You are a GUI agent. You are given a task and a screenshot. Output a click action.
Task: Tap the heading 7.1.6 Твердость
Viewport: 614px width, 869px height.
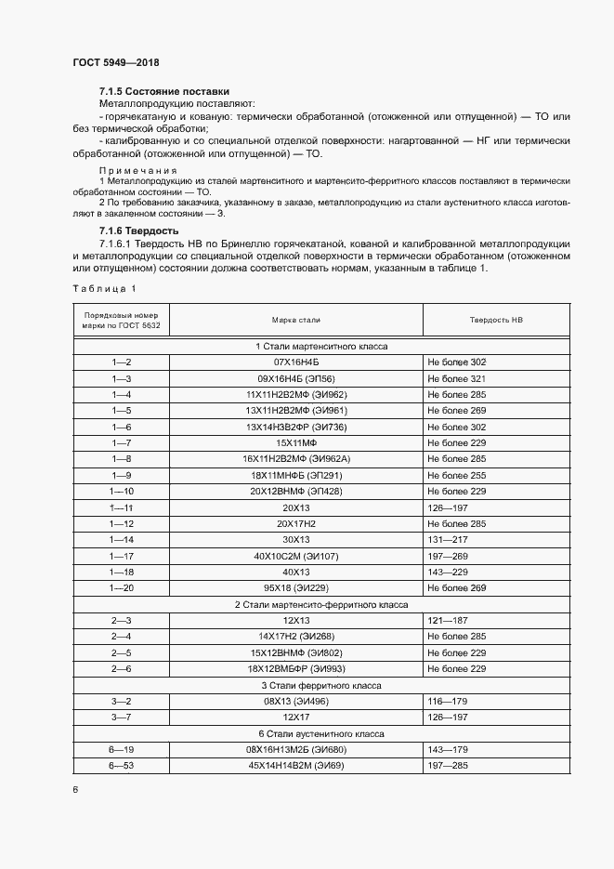point(139,230)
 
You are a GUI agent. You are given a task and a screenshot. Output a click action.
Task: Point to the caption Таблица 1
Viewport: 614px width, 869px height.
point(104,288)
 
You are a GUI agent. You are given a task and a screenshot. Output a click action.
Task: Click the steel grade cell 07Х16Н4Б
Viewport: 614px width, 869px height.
point(295,361)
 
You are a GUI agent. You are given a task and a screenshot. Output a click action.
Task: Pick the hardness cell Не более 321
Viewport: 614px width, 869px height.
point(457,379)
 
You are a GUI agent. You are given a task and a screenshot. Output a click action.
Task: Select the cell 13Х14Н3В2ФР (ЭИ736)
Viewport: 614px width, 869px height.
point(295,427)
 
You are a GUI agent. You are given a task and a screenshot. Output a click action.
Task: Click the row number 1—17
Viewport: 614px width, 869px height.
point(122,555)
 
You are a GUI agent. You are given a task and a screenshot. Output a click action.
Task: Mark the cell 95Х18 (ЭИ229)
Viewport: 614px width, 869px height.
point(295,588)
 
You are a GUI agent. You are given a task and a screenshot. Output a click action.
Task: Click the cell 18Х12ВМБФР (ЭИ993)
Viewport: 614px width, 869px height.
point(295,669)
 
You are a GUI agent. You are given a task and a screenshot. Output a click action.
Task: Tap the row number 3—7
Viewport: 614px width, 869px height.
point(122,718)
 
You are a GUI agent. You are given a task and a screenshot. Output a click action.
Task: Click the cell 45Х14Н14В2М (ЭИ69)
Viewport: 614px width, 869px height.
point(295,765)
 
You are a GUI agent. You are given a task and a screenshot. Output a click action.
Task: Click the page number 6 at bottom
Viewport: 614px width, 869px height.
point(74,789)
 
